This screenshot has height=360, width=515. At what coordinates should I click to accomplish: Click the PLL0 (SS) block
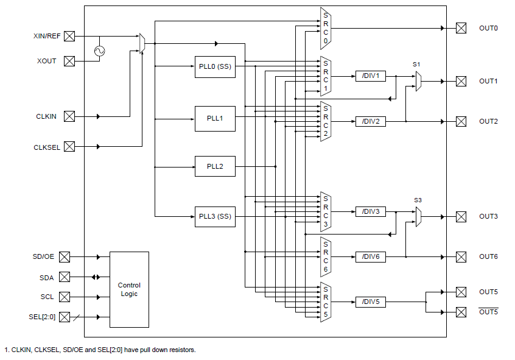pyautogui.click(x=215, y=66)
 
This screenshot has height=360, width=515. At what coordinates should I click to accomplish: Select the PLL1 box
pyautogui.click(x=215, y=118)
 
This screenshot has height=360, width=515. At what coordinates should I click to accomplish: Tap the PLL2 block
pyautogui.click(x=215, y=166)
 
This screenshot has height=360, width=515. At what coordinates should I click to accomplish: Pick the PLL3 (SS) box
pyautogui.click(x=215, y=217)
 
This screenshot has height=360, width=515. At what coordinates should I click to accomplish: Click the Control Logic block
pyautogui.click(x=129, y=289)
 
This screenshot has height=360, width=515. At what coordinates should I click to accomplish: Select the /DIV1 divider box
pyautogui.click(x=370, y=76)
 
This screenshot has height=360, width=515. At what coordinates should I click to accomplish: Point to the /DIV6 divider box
pyautogui.click(x=370, y=257)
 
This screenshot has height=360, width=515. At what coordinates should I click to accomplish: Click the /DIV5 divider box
pyautogui.click(x=370, y=302)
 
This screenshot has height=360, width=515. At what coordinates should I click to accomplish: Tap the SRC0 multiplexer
pyautogui.click(x=326, y=29)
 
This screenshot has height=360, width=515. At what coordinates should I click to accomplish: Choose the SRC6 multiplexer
pyautogui.click(x=326, y=256)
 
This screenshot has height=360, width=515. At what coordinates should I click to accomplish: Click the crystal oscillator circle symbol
pyautogui.click(x=99, y=51)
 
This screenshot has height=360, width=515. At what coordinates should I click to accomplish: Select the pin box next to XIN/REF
pyautogui.click(x=69, y=36)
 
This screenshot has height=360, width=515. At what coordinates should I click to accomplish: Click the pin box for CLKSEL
pyautogui.click(x=69, y=146)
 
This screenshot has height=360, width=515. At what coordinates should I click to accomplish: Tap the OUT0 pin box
pyautogui.click(x=461, y=29)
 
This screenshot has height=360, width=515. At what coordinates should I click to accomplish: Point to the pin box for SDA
pyautogui.click(x=65, y=277)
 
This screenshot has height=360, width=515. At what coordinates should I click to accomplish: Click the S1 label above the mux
pyautogui.click(x=416, y=64)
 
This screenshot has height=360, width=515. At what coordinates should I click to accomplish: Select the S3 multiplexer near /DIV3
pyautogui.click(x=419, y=217)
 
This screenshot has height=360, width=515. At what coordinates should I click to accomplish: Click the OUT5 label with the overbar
pyautogui.click(x=488, y=312)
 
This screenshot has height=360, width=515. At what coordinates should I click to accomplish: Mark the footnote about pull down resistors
pyautogui.click(x=100, y=350)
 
